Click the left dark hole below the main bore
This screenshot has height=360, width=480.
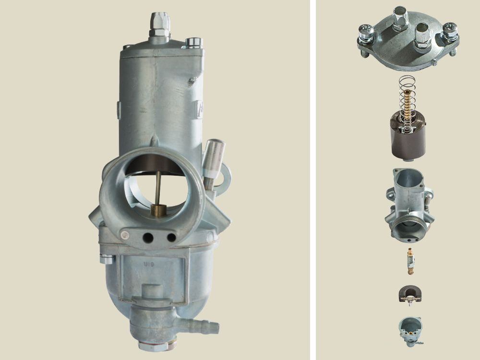coord(148,237)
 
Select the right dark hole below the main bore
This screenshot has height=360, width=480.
coord(171,237)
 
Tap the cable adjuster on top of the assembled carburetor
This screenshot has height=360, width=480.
coord(158,24)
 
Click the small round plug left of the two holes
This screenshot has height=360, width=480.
coord(125,235)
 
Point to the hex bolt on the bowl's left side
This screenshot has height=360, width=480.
coord(107,260)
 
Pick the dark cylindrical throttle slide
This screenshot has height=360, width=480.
coord(408,139)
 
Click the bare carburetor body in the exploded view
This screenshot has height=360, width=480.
coord(409,204)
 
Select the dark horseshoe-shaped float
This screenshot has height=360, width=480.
coord(409,294)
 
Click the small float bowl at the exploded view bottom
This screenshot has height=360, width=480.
coord(409,331)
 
